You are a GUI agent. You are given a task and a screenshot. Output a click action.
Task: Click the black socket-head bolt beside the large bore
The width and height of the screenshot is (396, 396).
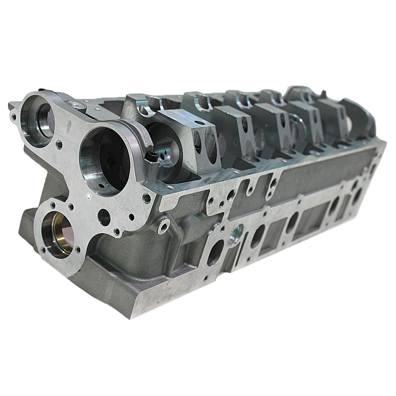pos(151,158)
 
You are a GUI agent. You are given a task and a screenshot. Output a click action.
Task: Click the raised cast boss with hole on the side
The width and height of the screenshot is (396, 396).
pos(163,227)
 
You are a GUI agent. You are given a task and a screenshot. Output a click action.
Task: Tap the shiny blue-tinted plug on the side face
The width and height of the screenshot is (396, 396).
pos(238,231)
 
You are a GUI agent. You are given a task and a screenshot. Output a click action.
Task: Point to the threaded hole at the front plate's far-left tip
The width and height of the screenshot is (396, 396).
pos(14,117)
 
